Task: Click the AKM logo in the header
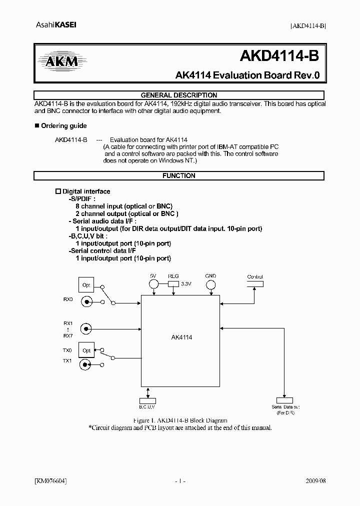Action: click(58, 61)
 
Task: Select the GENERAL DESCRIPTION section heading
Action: click(179, 95)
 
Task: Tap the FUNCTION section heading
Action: click(179, 176)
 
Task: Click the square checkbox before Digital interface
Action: click(57, 191)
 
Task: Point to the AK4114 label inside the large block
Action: click(181, 337)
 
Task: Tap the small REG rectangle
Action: click(173, 284)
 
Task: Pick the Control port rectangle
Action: click(255, 284)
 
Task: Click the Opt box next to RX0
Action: click(86, 285)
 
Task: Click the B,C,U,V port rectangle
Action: click(147, 400)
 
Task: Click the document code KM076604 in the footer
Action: click(50, 481)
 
